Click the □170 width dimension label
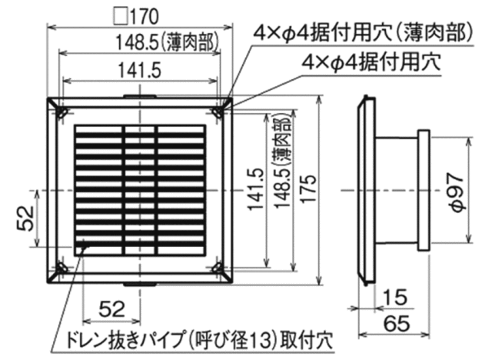(x=137, y=16)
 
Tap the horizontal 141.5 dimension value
(x=140, y=70)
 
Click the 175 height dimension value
(x=308, y=188)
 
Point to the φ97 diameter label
(x=456, y=192)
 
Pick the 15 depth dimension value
(x=395, y=297)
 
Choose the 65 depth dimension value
(x=397, y=323)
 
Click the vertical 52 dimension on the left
(x=25, y=218)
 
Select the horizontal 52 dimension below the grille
(x=111, y=308)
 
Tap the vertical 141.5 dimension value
(x=254, y=189)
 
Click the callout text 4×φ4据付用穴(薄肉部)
(x=364, y=32)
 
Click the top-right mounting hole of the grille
(x=217, y=112)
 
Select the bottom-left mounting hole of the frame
(x=62, y=268)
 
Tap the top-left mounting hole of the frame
(x=62, y=112)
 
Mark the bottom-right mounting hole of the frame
(x=217, y=268)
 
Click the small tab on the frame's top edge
(x=139, y=95)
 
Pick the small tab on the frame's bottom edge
(x=139, y=285)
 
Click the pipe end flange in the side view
(x=424, y=190)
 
